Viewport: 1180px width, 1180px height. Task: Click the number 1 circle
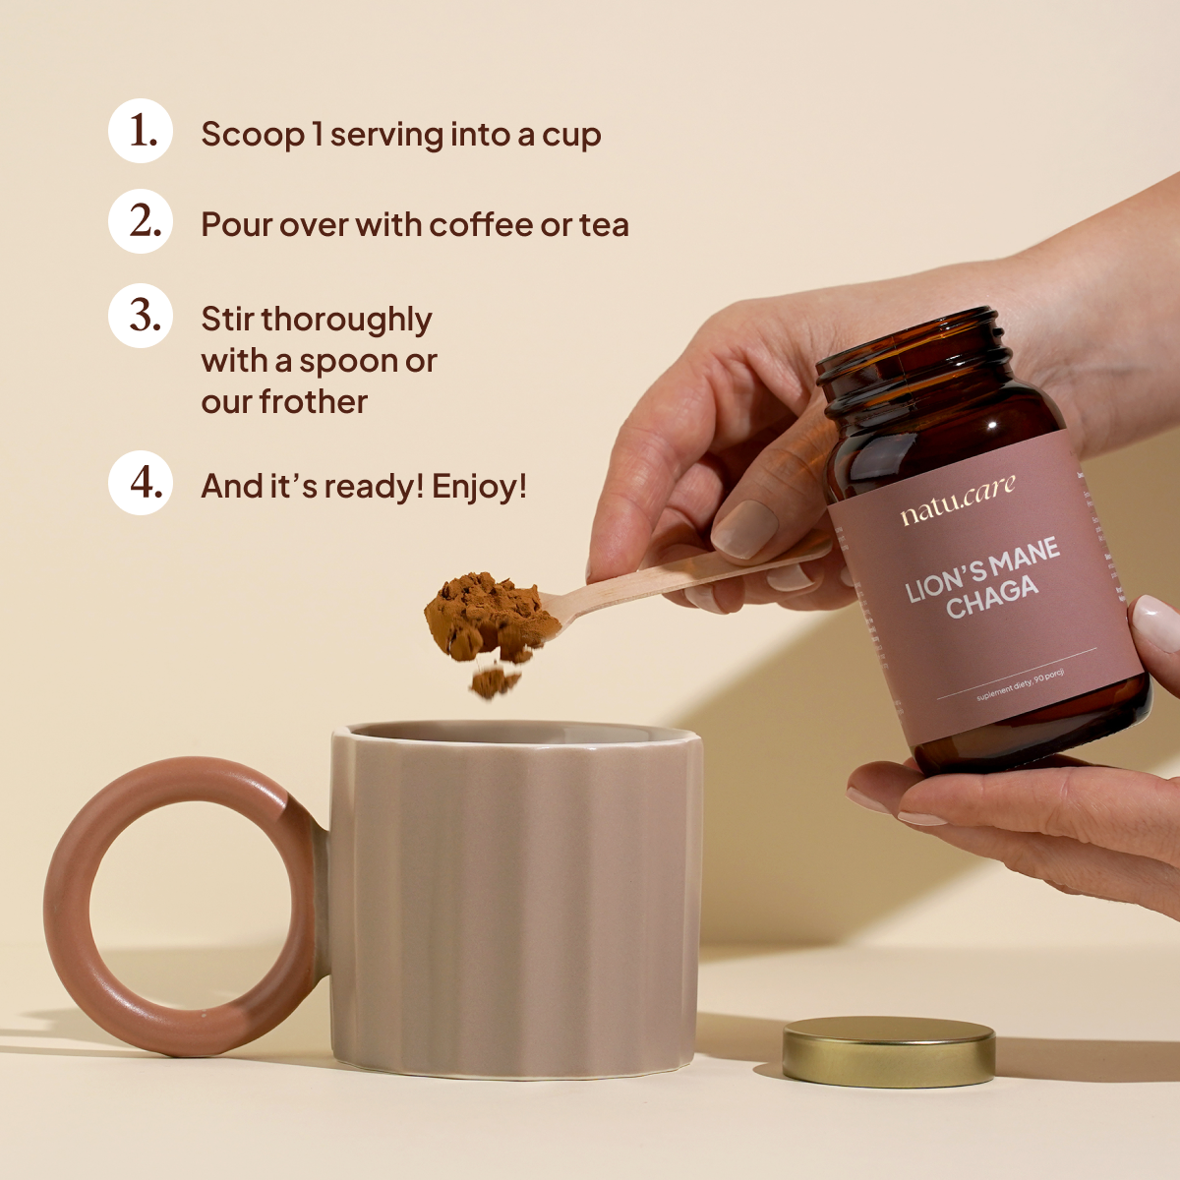click(x=141, y=131)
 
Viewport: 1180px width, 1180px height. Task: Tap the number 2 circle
click(x=141, y=221)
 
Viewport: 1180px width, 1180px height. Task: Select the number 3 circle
click(x=141, y=316)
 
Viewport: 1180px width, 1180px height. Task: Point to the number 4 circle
click(x=141, y=483)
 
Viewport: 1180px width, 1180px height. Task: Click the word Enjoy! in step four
click(x=479, y=487)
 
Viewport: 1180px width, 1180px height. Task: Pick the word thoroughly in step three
click(x=346, y=320)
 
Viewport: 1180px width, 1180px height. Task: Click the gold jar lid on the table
click(x=889, y=1049)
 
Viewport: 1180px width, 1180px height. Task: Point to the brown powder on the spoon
click(x=487, y=615)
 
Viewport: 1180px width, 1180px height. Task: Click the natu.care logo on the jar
click(x=957, y=501)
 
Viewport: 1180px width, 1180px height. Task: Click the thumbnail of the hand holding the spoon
click(x=744, y=528)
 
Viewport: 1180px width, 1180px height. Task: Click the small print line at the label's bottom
click(x=1021, y=684)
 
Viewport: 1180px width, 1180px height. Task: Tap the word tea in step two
click(x=604, y=225)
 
